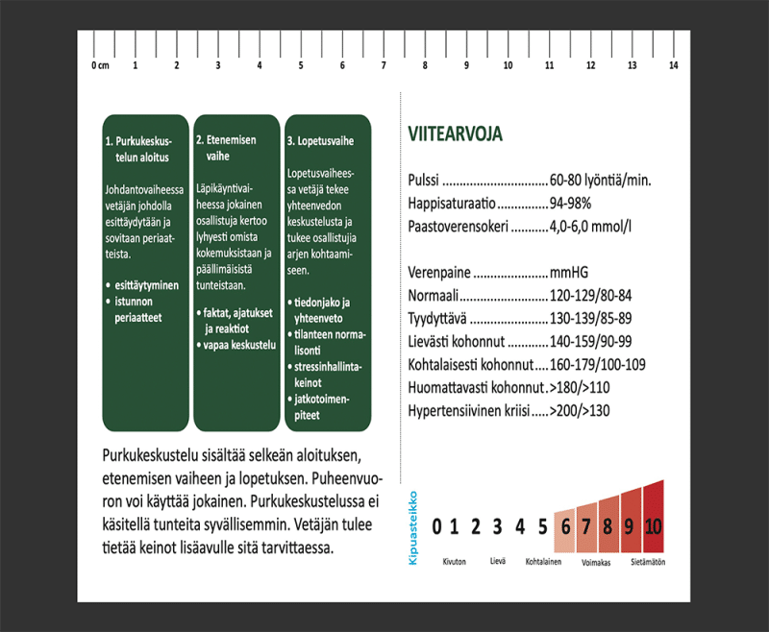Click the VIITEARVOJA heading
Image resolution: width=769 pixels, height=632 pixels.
coord(455,133)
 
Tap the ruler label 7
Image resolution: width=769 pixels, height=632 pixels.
coord(384,66)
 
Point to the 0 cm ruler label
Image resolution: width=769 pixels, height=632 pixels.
coord(99,66)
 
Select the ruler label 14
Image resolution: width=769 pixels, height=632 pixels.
coord(673,66)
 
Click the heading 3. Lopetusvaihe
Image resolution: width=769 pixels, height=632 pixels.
coord(319,140)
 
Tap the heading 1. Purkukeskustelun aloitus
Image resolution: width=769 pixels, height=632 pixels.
coord(136,147)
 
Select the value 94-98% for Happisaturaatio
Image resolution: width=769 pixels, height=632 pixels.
coord(570,205)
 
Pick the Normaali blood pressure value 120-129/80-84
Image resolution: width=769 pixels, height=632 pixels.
coord(590,295)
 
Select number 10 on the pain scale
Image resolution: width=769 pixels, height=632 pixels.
coord(653,525)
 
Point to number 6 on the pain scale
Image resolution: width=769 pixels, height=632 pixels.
coord(565,525)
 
